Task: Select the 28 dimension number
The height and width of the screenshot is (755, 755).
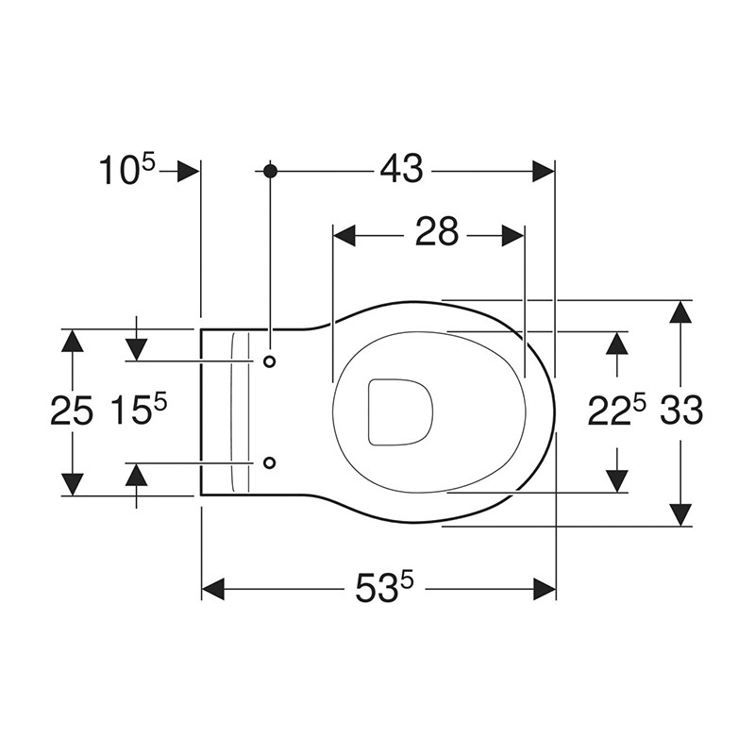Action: [x=436, y=232]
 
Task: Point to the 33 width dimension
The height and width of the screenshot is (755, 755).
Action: [x=681, y=411]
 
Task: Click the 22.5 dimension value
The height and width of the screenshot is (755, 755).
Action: [x=617, y=411]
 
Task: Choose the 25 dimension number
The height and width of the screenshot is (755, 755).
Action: [x=72, y=411]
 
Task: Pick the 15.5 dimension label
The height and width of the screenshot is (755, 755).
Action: [x=138, y=411]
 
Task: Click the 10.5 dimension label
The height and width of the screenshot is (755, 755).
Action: [x=128, y=170]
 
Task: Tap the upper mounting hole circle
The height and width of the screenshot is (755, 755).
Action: [x=270, y=361]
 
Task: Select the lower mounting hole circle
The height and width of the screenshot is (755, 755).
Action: [x=270, y=462]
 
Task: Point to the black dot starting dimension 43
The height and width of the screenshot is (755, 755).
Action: [x=270, y=170]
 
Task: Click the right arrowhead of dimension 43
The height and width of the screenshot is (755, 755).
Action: [x=544, y=170]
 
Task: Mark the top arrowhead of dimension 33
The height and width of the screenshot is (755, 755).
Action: [x=681, y=311]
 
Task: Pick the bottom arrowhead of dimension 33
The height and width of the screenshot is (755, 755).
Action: [x=681, y=515]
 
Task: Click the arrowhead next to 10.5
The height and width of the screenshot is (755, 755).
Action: [x=189, y=170]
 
